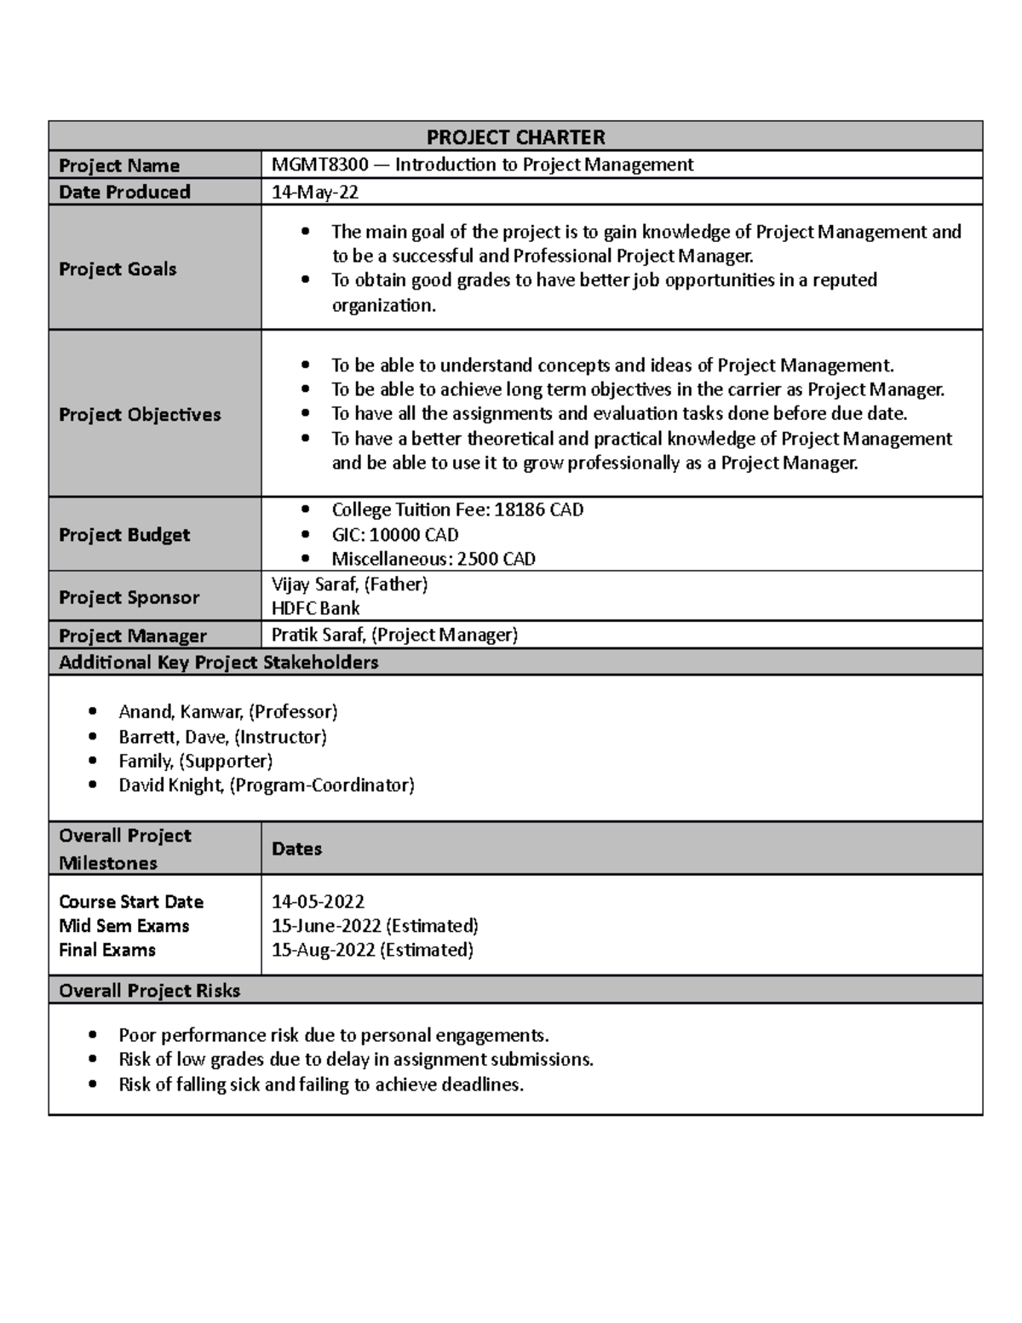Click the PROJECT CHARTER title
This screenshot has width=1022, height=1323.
click(x=515, y=137)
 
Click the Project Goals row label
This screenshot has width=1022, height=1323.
click(x=118, y=269)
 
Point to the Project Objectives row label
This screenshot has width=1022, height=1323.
click(x=140, y=415)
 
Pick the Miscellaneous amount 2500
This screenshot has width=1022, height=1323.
click(x=478, y=559)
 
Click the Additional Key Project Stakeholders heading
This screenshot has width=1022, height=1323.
click(x=218, y=662)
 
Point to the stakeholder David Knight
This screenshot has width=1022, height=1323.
click(x=170, y=785)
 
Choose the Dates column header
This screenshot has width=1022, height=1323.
click(x=296, y=848)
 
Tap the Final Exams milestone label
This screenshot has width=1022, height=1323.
click(x=107, y=950)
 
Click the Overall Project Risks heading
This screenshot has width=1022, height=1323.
click(x=149, y=990)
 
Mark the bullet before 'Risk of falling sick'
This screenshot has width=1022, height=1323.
click(x=94, y=1084)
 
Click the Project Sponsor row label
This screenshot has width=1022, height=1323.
click(x=129, y=597)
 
